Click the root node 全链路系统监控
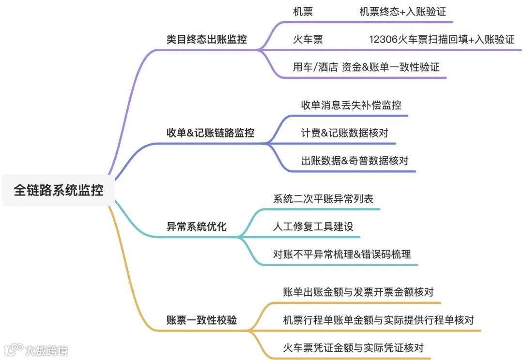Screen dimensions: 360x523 click(x=59, y=190)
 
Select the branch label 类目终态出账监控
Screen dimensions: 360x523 click(x=207, y=40)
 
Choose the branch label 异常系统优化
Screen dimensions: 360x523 click(x=197, y=226)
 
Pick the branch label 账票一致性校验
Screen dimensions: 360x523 click(x=202, y=320)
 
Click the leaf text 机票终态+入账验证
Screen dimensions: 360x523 click(x=402, y=12)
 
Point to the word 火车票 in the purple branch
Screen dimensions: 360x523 click(x=308, y=40)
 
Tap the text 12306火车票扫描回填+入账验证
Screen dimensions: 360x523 click(x=442, y=40)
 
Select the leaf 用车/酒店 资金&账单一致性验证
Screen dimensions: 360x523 click(x=367, y=67)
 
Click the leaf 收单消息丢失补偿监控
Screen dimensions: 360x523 click(x=351, y=105)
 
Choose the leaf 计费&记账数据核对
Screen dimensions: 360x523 click(x=345, y=133)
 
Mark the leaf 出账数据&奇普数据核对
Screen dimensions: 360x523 click(x=355, y=161)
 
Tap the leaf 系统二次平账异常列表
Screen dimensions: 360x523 click(x=323, y=199)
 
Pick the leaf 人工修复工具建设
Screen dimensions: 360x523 click(x=313, y=226)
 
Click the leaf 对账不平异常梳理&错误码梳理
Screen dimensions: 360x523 click(x=342, y=254)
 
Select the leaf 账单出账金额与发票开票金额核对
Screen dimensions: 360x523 click(x=358, y=292)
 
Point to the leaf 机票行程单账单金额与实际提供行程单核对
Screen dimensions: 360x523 click(x=378, y=320)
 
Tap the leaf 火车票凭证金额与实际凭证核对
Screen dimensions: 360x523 click(x=354, y=348)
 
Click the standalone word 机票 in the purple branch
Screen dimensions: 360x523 click(x=303, y=12)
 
